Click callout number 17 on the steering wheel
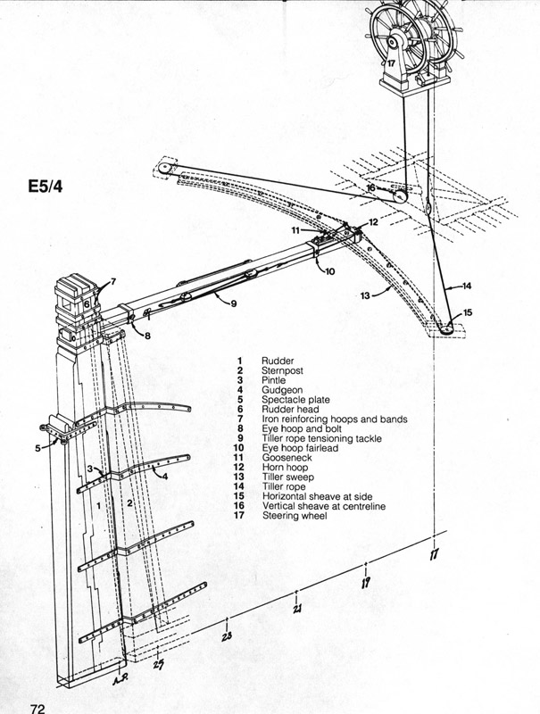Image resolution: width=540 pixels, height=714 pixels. tap(390, 63)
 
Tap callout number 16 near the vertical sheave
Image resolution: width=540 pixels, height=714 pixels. tap(370, 188)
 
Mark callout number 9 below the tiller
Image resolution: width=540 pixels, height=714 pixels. tap(233, 303)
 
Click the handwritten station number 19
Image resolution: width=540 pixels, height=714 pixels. tap(366, 584)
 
